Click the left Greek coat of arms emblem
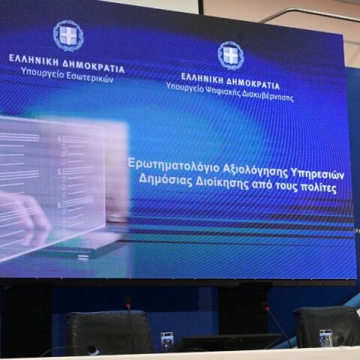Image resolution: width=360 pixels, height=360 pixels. coord(67,35)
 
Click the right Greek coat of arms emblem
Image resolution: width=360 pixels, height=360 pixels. coord(230,55)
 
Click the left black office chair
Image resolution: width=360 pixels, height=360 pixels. coord(109,332)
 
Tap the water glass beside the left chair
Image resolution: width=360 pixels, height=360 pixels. coord(166,341)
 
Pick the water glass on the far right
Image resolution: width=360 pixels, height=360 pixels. coord(325,337)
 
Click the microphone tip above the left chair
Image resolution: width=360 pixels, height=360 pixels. coord(128,302)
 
